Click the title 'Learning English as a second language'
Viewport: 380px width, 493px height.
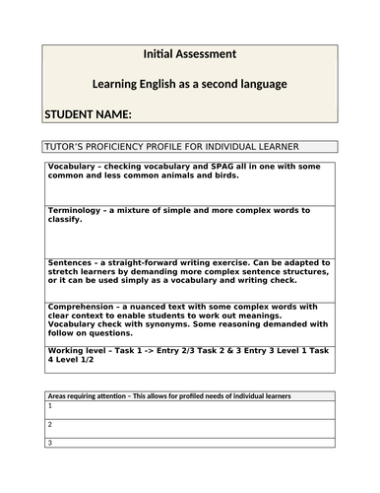[189, 84]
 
